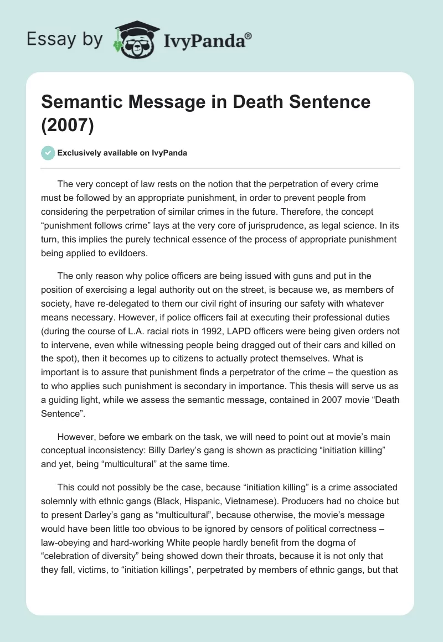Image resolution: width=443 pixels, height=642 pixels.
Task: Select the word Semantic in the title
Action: (84, 102)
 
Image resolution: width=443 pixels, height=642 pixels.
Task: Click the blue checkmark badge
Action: (48, 153)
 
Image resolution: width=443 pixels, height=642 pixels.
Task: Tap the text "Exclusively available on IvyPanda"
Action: (122, 153)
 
